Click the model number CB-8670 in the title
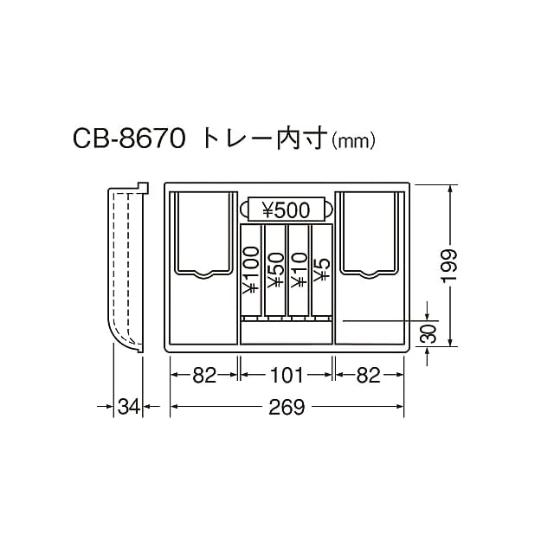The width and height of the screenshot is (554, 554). click(x=129, y=138)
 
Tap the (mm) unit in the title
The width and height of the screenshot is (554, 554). click(x=352, y=142)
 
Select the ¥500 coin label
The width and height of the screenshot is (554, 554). click(x=287, y=210)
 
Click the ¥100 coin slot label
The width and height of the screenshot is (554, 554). click(x=251, y=270)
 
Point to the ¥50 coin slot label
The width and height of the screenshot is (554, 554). click(x=275, y=270)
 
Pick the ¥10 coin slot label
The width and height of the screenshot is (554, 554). click(x=299, y=270)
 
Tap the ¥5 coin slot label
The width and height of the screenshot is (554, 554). click(x=321, y=270)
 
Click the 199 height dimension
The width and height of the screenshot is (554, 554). click(x=449, y=266)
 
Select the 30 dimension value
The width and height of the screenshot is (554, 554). click(x=428, y=333)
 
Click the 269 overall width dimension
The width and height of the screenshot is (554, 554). click(x=287, y=408)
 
